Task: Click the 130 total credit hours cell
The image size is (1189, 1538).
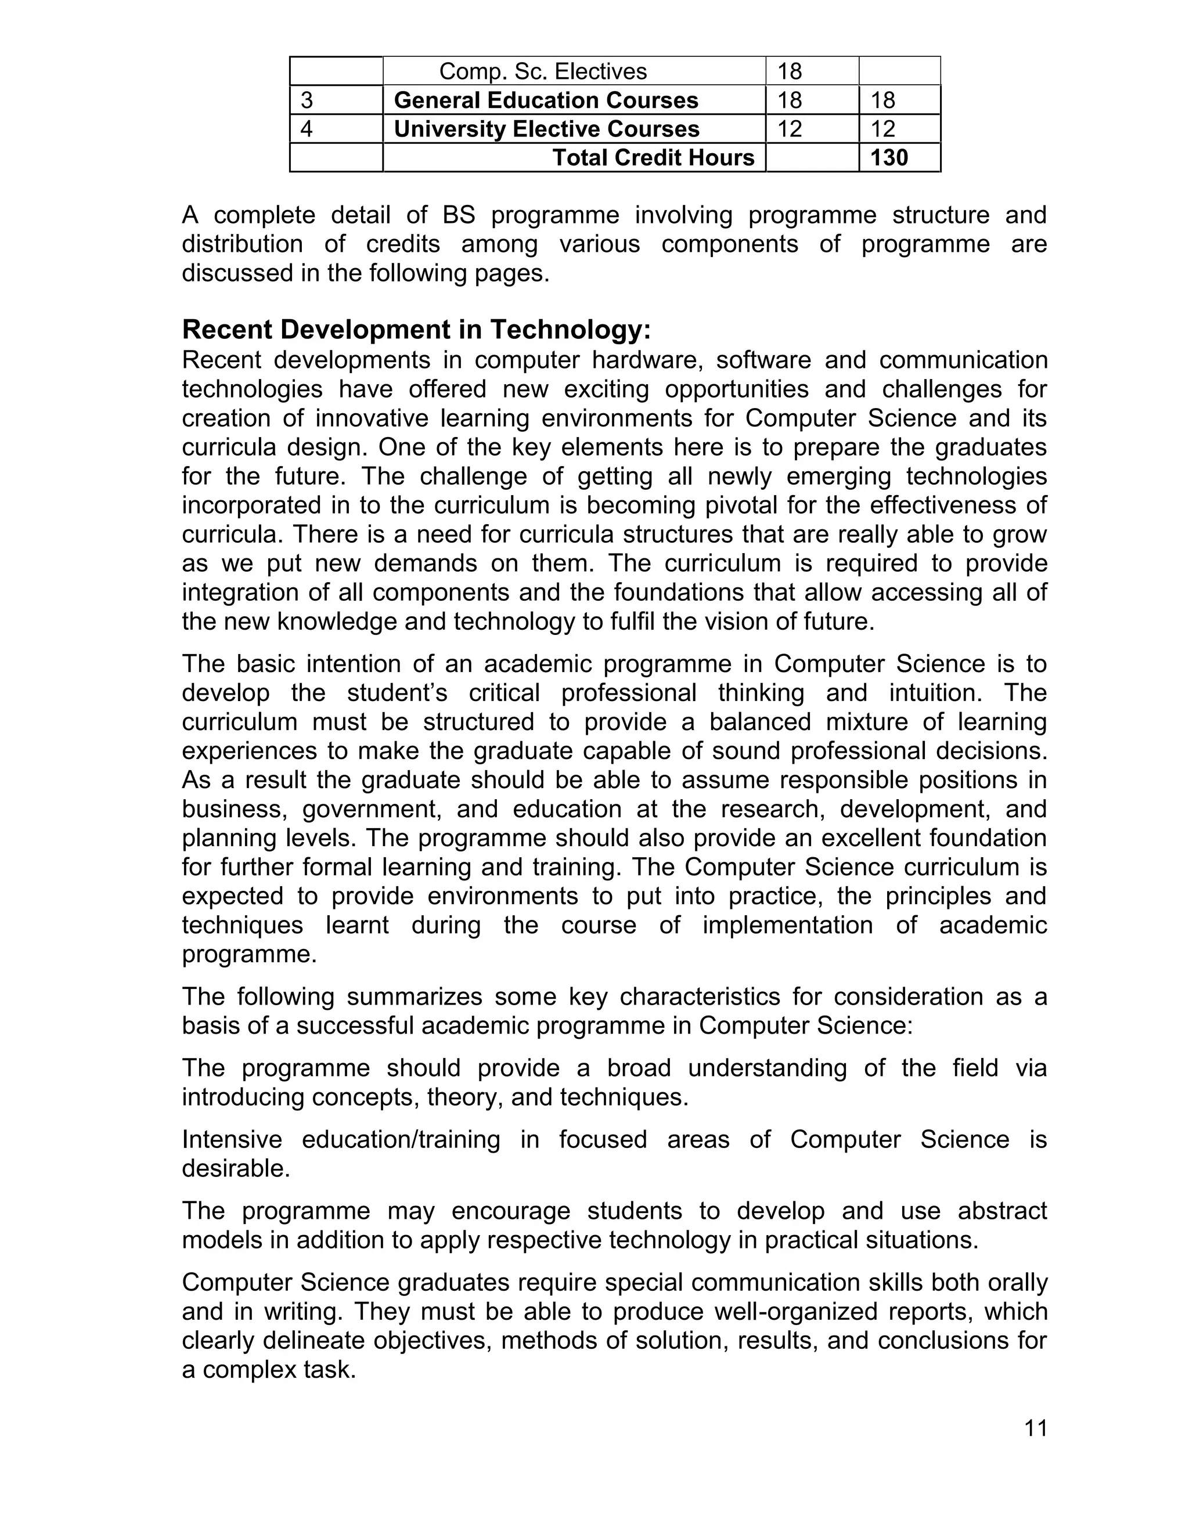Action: (x=889, y=158)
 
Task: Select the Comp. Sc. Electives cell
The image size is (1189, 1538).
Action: (x=542, y=71)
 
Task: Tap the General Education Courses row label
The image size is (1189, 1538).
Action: (x=546, y=100)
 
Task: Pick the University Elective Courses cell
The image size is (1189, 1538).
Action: (x=546, y=129)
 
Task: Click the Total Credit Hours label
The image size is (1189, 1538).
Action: (x=653, y=158)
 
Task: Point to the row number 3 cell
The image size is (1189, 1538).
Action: (x=307, y=100)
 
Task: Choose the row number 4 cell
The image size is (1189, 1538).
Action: (x=307, y=129)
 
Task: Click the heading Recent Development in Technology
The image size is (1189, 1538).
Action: (x=416, y=329)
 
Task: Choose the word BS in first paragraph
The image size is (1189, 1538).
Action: (x=459, y=215)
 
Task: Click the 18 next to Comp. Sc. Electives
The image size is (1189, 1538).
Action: (x=790, y=71)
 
